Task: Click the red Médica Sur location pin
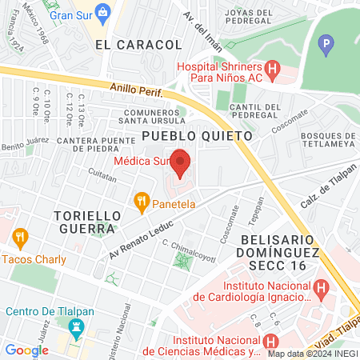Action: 180,162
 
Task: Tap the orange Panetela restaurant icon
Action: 142,202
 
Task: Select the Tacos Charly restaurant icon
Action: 19,237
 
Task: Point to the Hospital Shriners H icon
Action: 272,70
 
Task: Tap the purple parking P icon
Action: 325,46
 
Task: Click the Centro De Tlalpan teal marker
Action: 76,326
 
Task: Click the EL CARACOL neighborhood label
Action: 128,45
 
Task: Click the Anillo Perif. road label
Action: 137,90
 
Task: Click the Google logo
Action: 26,350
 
